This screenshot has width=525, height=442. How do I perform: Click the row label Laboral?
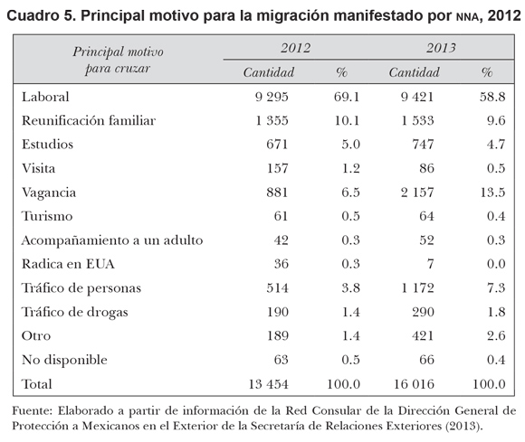[45, 97]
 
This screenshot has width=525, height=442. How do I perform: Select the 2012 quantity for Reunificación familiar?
[272, 120]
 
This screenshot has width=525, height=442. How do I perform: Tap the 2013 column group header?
[441, 48]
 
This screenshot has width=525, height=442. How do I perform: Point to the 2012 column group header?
[295, 48]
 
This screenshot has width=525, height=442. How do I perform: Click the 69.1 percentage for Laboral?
[347, 97]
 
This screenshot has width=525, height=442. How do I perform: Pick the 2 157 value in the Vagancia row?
[417, 193]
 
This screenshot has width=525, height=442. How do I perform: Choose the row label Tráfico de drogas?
[74, 312]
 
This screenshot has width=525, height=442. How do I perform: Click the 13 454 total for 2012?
[268, 384]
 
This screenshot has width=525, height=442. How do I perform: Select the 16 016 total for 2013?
[414, 384]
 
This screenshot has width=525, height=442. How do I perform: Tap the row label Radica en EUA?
[68, 264]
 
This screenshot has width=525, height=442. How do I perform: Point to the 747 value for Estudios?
[423, 145]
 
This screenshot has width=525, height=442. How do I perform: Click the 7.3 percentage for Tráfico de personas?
[496, 288]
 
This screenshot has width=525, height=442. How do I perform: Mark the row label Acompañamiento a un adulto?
[112, 240]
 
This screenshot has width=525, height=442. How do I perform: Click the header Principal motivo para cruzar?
[118, 61]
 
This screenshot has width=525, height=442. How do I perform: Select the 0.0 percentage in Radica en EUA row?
[496, 264]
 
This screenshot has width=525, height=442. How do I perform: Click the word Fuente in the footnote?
[33, 410]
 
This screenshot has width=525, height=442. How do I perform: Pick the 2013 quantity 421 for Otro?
[423, 336]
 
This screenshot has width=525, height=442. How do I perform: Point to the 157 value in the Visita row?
[277, 168]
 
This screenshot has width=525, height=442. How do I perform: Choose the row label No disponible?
[64, 360]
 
